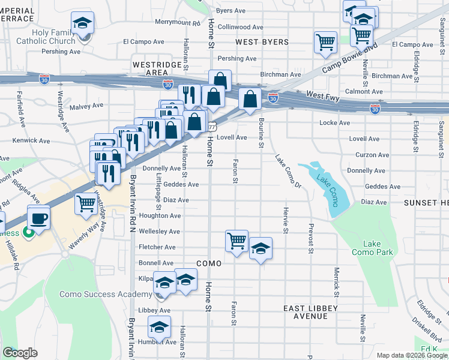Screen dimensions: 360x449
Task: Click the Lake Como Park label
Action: pos(378,248)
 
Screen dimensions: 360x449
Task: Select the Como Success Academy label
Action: pos(105,294)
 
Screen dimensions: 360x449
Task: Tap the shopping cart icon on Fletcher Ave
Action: pos(237,241)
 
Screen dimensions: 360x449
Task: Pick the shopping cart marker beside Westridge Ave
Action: pos(86,204)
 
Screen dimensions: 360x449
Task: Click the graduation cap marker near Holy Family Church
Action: pos(82,23)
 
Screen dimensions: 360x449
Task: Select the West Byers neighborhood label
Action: pos(262,43)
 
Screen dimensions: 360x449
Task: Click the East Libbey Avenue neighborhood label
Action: pos(310,312)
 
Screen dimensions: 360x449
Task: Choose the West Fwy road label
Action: pos(323,95)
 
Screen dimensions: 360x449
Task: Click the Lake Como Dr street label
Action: pos(288,171)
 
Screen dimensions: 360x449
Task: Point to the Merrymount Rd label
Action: pos(177,22)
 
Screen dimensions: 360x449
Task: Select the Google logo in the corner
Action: pos(20,352)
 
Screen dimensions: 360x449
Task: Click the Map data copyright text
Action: pos(411,355)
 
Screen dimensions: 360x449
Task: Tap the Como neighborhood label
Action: pos(208,263)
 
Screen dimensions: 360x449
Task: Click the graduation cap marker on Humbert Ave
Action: pos(159,328)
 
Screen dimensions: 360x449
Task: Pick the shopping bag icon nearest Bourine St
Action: pos(250,99)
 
